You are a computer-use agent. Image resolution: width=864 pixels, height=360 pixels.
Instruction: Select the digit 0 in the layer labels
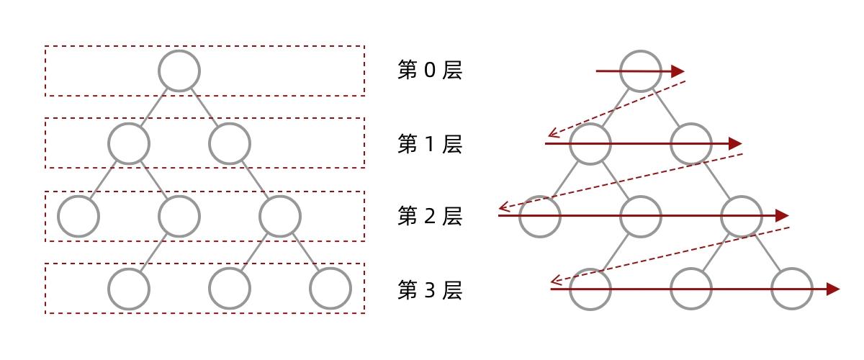(x=429, y=71)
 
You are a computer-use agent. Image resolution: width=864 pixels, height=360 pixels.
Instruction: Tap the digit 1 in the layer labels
(x=429, y=144)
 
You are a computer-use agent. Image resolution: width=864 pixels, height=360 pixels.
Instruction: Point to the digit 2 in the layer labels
(x=429, y=216)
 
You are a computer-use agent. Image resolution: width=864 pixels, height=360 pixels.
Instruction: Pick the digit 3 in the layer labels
(x=429, y=289)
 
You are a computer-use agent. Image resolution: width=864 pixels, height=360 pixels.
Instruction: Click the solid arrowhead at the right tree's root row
(x=678, y=71)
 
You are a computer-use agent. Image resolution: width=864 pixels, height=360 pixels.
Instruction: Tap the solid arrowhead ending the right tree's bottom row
(x=833, y=289)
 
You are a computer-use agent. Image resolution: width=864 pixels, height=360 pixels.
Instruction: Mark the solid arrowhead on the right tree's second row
(x=735, y=143)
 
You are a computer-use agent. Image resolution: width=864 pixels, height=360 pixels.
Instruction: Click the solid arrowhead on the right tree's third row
(x=782, y=215)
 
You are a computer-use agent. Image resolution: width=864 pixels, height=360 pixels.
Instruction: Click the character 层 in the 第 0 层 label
(x=452, y=71)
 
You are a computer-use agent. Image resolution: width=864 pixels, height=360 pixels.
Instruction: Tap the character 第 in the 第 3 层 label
(x=408, y=289)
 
